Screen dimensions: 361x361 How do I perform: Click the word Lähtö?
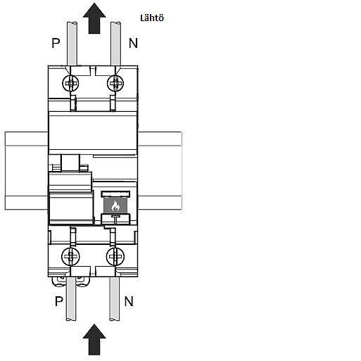pos(152,18)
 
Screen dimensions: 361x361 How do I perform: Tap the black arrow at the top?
pos(94,18)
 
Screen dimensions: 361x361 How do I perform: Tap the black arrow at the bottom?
pos(94,339)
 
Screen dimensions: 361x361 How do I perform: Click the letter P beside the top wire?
pos(56,43)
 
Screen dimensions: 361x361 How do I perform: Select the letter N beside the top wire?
pos(133,43)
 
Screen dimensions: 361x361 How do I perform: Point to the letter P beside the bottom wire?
pos(59,301)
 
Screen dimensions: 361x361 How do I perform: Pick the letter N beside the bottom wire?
pos(129,301)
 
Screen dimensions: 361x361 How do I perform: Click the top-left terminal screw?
pos(70,83)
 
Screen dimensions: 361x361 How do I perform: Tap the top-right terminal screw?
pos(115,83)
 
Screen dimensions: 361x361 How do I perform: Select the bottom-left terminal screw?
pos(70,256)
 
